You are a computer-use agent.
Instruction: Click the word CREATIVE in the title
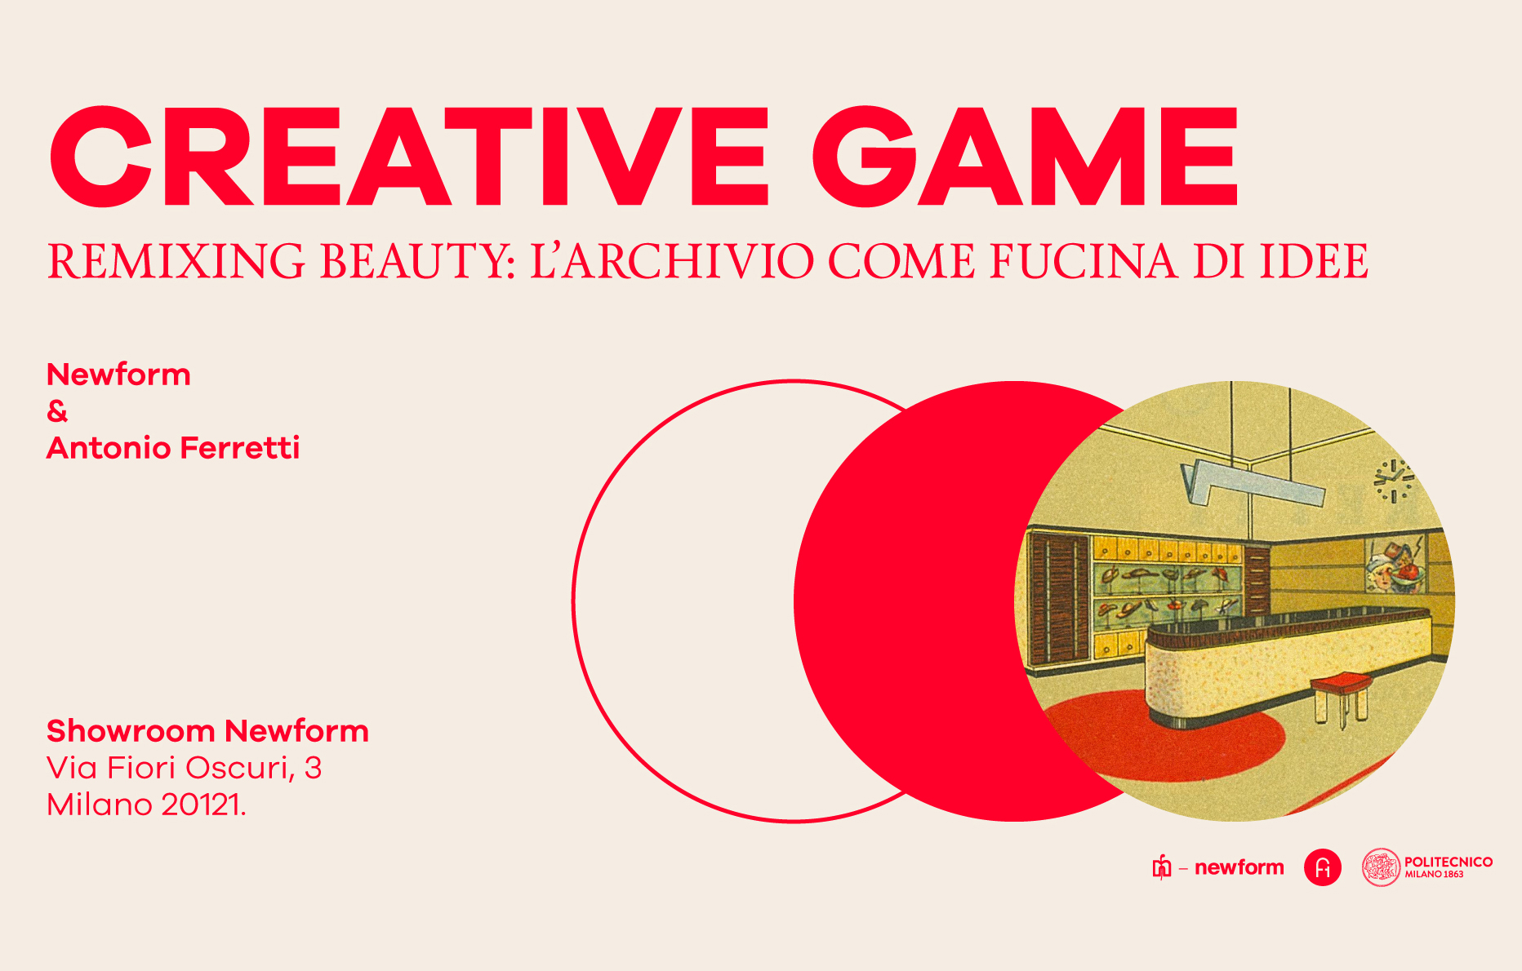pos(408,156)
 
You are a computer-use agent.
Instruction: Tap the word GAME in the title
pos(1026,156)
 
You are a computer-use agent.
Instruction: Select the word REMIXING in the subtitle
pos(176,261)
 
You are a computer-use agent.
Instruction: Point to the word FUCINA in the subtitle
pos(1084,261)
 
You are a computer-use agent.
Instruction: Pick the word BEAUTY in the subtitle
pos(418,261)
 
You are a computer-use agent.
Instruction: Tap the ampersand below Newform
pos(57,411)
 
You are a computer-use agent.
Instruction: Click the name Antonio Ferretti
pos(173,448)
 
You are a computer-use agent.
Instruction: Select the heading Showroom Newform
pos(207,731)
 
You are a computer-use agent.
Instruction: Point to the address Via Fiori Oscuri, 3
pos(185,769)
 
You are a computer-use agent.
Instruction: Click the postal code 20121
pos(203,805)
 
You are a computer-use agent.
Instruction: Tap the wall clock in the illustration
pos(1393,481)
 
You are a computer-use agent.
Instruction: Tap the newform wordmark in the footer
pos(1239,867)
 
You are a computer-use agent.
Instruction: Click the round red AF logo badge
pos(1323,867)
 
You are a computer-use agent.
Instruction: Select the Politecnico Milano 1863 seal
pos(1381,867)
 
